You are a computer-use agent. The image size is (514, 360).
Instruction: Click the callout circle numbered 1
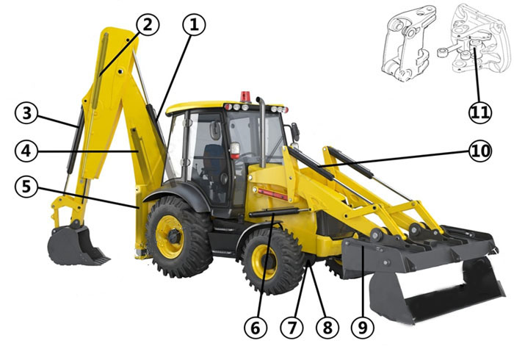pos(194,25)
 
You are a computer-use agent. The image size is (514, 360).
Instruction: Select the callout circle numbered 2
pos(148,25)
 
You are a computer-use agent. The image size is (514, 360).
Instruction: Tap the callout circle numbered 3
pos(26,113)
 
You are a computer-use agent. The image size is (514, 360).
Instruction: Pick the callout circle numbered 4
pos(26,151)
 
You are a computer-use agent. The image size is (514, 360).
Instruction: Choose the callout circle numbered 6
pos(256,328)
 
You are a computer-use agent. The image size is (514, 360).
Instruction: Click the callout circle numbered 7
pos(292,328)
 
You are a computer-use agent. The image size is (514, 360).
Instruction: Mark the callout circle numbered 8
pos(327,328)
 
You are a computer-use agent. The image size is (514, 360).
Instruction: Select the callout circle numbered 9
pos(363,328)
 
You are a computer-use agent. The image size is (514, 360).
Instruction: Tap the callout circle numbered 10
pos(480,151)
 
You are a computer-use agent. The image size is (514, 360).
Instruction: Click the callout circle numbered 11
pos(480,112)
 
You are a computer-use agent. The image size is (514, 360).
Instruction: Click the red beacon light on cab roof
pos(245,97)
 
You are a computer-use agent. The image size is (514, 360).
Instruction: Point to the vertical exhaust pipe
pos(262,132)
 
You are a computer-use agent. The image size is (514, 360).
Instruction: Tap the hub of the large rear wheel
pos(173,235)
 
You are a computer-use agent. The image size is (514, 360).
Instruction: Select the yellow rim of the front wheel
pos(264,262)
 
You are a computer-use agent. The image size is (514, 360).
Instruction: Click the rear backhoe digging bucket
pos(75,245)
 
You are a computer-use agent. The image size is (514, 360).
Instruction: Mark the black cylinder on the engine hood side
pos(274,213)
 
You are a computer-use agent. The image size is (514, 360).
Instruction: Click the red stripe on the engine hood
pos(272,195)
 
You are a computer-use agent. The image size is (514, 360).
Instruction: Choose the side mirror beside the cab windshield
pos(295,132)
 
